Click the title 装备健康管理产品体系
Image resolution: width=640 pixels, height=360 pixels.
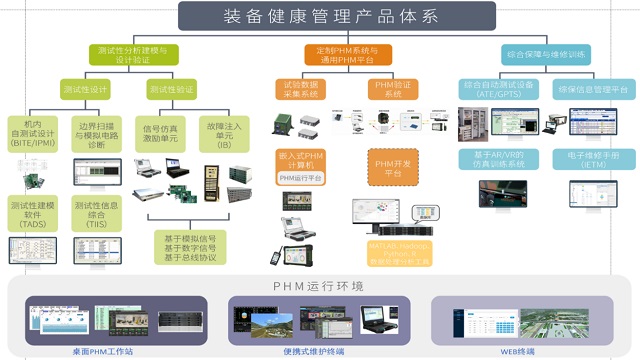coord(319,17)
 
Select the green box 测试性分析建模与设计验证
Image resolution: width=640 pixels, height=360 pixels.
coord(133,54)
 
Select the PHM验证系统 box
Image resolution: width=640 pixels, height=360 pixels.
coord(387,90)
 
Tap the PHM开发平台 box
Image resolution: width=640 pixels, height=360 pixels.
coord(387,167)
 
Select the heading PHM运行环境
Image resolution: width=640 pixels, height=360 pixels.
coord(319,286)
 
